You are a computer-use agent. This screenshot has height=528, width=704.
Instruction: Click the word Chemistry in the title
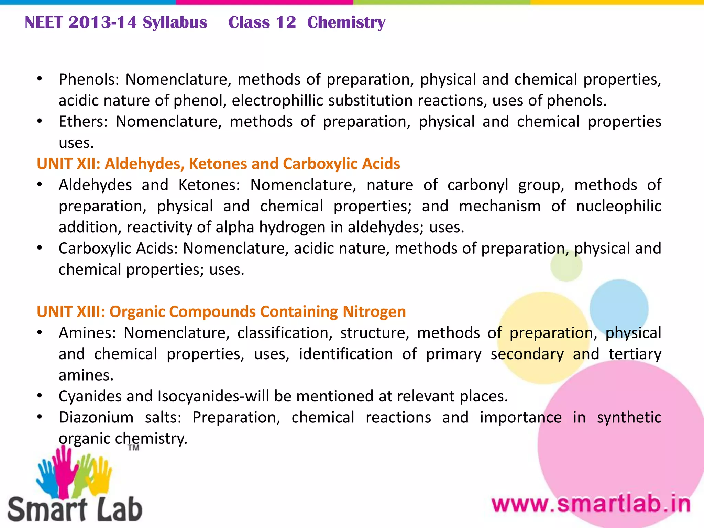point(346,23)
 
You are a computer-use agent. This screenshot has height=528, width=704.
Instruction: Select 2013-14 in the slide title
point(103,23)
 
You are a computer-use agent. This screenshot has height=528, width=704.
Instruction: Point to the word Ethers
point(83,122)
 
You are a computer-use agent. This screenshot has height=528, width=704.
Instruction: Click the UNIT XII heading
point(218,164)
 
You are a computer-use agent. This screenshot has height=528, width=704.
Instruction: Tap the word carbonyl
point(477,185)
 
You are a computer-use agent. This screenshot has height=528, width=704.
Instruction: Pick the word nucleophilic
point(618,206)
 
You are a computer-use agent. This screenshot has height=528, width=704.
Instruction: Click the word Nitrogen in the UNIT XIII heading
point(374,312)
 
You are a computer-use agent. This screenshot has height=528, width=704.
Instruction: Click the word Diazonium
point(96,418)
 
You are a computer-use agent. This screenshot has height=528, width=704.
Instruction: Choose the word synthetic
point(629,418)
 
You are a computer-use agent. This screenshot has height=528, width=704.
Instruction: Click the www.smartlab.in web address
point(591,505)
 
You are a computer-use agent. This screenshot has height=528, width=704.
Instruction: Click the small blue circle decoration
point(619,308)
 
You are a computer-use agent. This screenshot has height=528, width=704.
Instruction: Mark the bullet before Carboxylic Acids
point(40,248)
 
